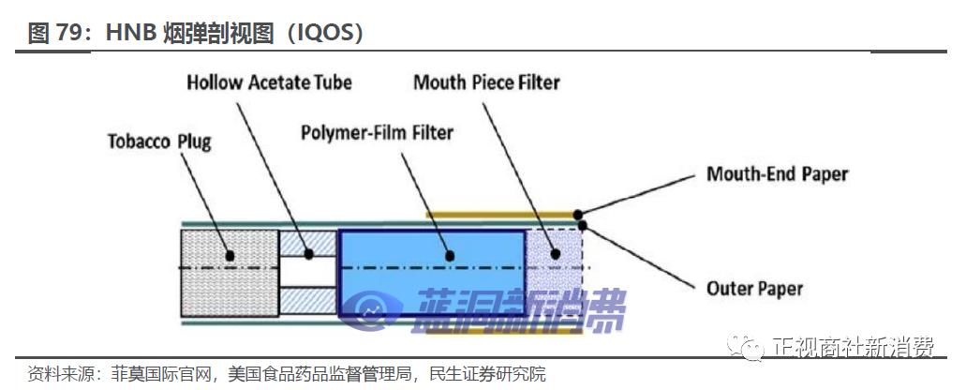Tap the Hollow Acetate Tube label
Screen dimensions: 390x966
pyautogui.click(x=269, y=82)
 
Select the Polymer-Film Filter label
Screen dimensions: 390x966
pyautogui.click(x=376, y=132)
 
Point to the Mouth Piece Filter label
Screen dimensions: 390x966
pyautogui.click(x=486, y=82)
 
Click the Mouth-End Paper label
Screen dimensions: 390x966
pyautogui.click(x=777, y=174)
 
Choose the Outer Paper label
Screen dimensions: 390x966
pyautogui.click(x=754, y=288)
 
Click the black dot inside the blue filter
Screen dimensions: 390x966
pyautogui.click(x=449, y=255)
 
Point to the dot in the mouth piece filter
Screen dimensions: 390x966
pyautogui.click(x=556, y=254)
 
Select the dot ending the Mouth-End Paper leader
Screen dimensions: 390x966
pyautogui.click(x=579, y=214)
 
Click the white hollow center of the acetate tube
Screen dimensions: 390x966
pyautogui.click(x=307, y=272)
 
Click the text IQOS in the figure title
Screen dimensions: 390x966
pyautogui.click(x=324, y=34)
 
